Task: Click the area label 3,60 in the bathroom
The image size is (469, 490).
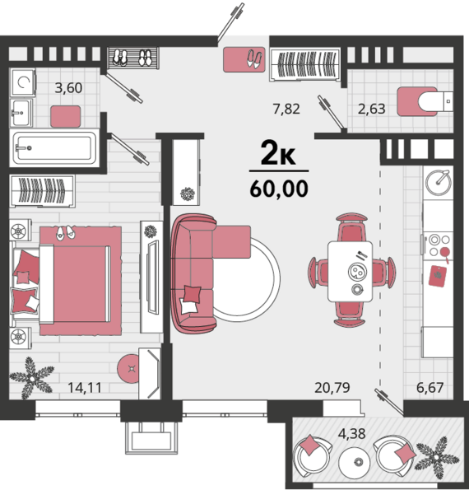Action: (x=68, y=88)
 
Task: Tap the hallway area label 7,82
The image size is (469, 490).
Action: (x=286, y=109)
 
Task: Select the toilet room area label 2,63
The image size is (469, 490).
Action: (x=372, y=109)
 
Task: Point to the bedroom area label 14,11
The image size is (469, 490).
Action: (x=85, y=388)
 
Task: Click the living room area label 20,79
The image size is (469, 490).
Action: (x=332, y=388)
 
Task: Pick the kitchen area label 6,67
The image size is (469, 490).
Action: (x=430, y=388)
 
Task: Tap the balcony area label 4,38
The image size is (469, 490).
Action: (x=352, y=434)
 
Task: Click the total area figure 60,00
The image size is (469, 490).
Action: (x=279, y=189)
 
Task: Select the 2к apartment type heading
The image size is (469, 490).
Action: (x=278, y=152)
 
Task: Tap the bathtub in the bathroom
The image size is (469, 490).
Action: (x=54, y=147)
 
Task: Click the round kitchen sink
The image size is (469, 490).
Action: (x=438, y=182)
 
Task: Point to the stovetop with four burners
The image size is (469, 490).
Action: (x=438, y=245)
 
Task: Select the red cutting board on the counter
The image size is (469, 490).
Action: (x=437, y=276)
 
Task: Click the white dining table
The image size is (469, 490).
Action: (x=350, y=271)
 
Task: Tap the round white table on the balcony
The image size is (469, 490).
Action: (x=355, y=461)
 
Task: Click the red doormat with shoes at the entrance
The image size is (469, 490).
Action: (x=244, y=59)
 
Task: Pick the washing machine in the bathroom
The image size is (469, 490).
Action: (x=22, y=82)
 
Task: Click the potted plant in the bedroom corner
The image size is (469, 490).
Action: (x=31, y=378)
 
